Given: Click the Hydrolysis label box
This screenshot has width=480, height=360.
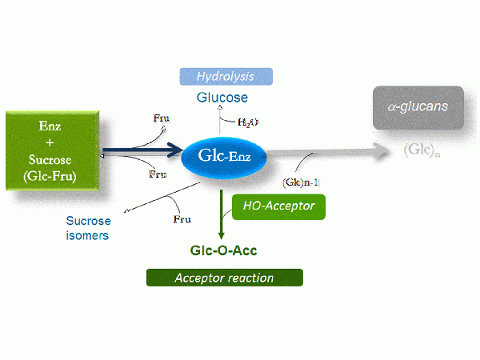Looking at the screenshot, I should pyautogui.click(x=226, y=77).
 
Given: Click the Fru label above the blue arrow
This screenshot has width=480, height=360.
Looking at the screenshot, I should pyautogui.click(x=162, y=118).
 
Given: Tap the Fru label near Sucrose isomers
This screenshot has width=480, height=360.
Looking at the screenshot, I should pyautogui.click(x=182, y=217).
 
